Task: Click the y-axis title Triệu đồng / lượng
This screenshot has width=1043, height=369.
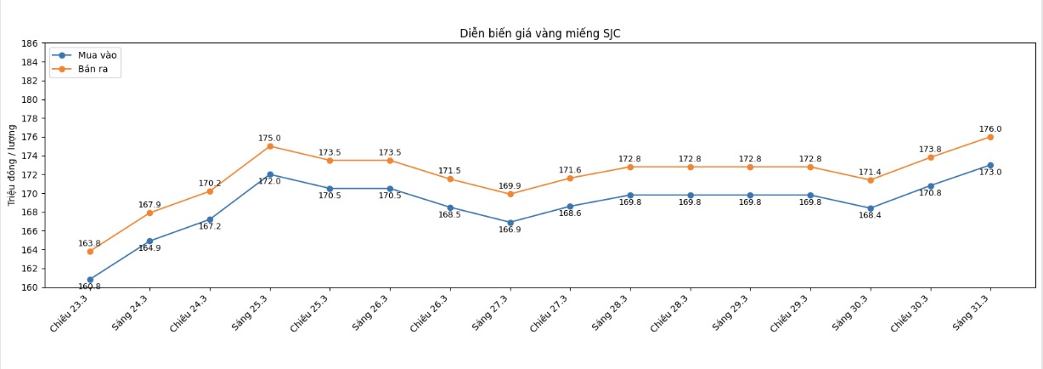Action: (x=12, y=165)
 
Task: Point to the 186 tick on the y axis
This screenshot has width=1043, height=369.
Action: (x=29, y=43)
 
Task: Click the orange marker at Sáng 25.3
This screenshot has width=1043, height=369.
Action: (x=270, y=146)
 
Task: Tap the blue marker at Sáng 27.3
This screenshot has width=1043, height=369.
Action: (x=510, y=223)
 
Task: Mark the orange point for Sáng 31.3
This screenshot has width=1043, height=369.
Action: (x=990, y=137)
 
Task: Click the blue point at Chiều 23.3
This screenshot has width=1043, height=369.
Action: (x=90, y=280)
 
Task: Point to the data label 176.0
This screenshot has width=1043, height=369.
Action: (x=990, y=129)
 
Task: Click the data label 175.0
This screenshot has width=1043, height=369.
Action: (x=270, y=139)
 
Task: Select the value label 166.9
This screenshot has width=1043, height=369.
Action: (x=510, y=230)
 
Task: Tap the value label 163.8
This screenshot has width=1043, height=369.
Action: (x=90, y=244)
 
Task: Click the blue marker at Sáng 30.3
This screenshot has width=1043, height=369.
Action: (x=871, y=208)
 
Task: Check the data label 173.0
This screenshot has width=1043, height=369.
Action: (x=990, y=173)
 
